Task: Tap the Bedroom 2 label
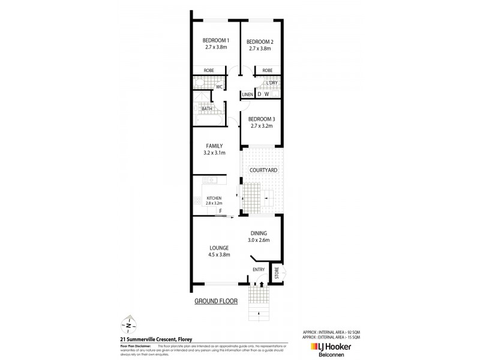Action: [x=260, y=41]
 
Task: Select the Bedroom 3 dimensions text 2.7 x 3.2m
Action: [x=261, y=126]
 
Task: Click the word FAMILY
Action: [x=214, y=146]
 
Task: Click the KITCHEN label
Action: [x=214, y=198]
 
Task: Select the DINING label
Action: [x=257, y=233]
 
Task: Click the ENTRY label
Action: [x=259, y=269]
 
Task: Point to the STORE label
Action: [x=277, y=274]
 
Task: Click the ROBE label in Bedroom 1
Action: [x=209, y=71]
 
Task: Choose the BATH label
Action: [x=206, y=109]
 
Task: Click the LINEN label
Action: [x=247, y=95]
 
